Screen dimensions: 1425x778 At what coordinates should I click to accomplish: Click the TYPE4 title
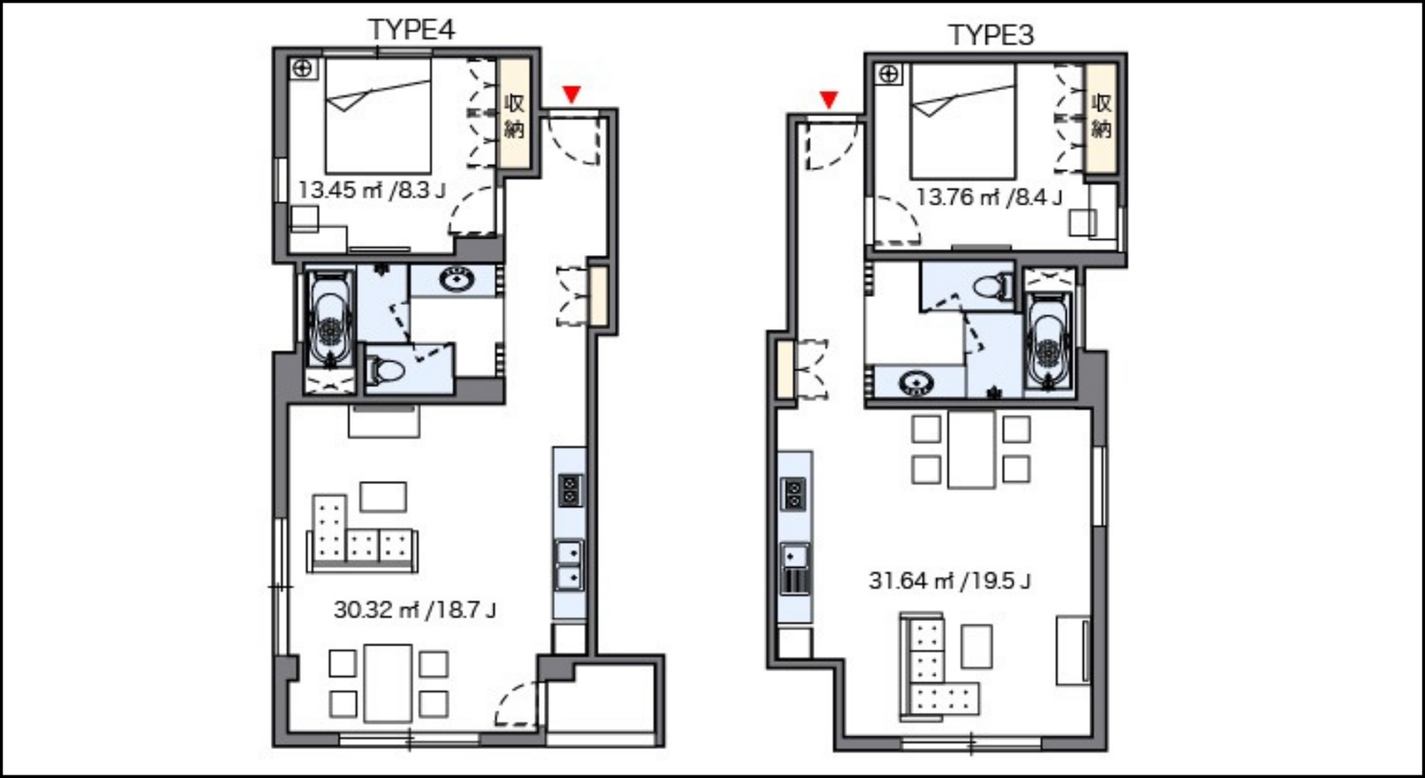pos(411,30)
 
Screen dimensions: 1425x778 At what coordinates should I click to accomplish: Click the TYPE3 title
pos(990,35)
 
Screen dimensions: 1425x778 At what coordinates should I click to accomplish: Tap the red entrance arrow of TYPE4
pos(571,94)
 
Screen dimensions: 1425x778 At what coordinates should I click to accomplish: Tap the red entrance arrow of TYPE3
pos(828,100)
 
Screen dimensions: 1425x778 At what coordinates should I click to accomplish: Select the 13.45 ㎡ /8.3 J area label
pos(371,191)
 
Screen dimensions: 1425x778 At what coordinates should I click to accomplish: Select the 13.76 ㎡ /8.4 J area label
pos(989,197)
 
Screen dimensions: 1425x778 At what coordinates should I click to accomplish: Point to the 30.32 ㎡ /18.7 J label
pos(415,610)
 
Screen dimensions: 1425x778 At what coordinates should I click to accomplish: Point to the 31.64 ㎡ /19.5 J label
pos(949,581)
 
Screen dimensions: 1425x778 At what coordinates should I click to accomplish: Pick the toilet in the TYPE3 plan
pos(993,287)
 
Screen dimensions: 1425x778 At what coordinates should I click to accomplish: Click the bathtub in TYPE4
pos(330,321)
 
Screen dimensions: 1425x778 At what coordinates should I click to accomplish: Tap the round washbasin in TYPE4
pos(456,280)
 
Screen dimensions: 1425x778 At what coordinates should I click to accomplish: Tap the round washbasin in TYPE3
pos(916,382)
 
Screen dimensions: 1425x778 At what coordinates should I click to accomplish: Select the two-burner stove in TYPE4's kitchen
pos(570,490)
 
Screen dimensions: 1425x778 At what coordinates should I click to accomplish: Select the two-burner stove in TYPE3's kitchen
pos(794,495)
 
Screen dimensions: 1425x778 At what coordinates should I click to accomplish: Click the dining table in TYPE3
pos(971,449)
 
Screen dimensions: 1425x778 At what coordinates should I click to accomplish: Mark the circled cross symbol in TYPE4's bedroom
pos(303,68)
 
